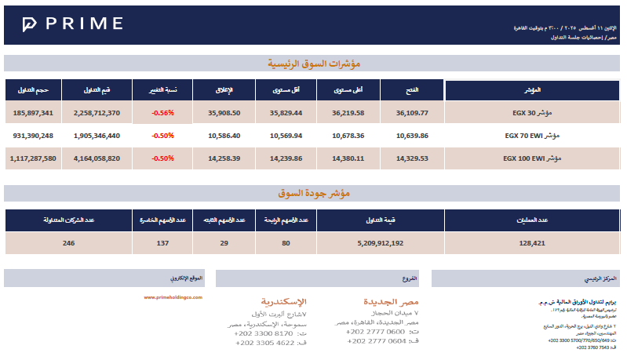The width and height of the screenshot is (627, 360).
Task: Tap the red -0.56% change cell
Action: click(163, 113)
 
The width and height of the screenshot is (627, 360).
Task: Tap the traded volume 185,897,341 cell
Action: click(33, 113)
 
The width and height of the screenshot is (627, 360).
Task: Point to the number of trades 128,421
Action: click(532, 243)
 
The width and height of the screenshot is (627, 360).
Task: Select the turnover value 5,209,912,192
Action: click(374, 243)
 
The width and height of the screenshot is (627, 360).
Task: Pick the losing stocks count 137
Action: click(162, 243)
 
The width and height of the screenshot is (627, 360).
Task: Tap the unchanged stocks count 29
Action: click(224, 243)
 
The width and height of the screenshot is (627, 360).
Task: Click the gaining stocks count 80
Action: click(286, 243)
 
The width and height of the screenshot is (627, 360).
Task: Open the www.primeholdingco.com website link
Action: click(173, 297)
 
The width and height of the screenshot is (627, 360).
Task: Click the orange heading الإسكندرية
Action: click(283, 301)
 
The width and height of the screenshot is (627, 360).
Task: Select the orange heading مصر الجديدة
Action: click(391, 301)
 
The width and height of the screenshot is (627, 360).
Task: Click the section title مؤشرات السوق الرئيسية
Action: click(313, 64)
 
